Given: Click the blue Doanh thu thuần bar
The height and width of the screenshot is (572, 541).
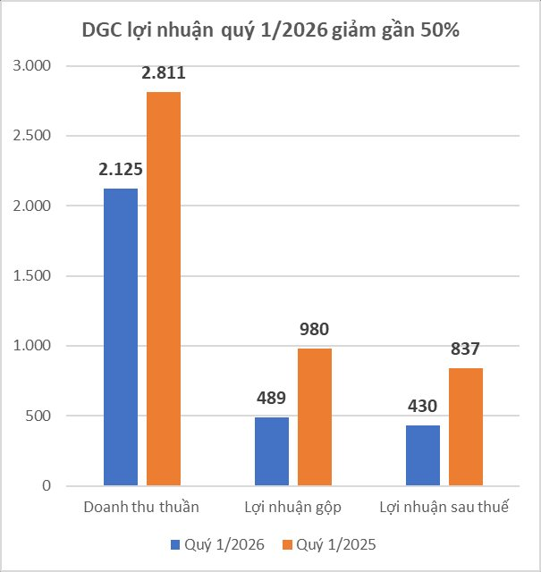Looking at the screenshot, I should click(121, 337).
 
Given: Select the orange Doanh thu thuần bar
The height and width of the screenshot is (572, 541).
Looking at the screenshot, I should click(164, 289).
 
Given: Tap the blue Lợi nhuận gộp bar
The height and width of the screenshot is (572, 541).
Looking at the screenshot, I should click(272, 451).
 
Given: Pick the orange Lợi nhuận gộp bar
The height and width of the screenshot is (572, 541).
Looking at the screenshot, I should click(315, 416).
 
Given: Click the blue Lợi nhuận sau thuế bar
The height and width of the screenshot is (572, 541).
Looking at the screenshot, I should click(423, 455).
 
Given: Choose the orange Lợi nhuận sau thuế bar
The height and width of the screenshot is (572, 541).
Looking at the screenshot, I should click(466, 426).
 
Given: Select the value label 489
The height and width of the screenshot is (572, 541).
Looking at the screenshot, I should click(272, 399).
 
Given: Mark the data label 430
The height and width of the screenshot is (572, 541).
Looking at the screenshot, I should click(423, 406).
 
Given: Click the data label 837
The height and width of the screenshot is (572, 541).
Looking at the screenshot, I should click(466, 349).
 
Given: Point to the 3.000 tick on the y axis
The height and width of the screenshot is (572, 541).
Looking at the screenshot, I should click(33, 66).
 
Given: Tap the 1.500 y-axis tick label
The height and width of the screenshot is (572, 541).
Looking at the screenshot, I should click(33, 276).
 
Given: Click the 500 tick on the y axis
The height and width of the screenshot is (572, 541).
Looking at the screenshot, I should click(39, 416).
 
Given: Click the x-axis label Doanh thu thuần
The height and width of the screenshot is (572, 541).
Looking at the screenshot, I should click(141, 507).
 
